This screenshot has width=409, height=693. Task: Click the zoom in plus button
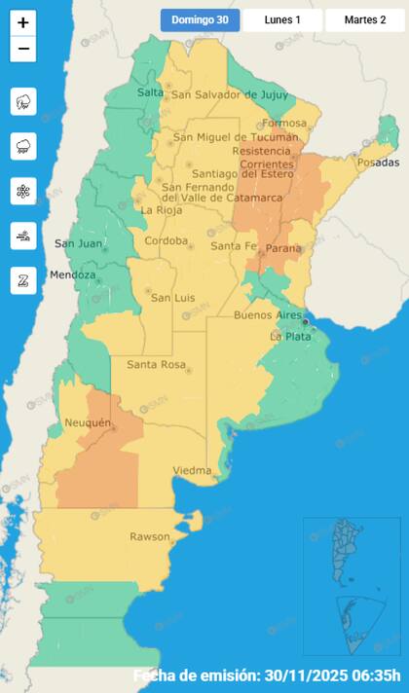click(x=23, y=21)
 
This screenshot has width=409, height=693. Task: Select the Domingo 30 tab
click(x=200, y=19)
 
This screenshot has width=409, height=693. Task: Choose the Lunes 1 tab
click(x=282, y=19)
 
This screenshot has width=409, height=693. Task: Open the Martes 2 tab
click(x=365, y=19)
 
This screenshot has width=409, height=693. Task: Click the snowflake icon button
click(x=23, y=191)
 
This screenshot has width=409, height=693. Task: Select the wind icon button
click(x=23, y=236)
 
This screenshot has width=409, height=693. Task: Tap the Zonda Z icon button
click(x=23, y=280)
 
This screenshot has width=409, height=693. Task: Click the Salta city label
click(x=150, y=92)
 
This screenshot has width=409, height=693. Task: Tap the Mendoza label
click(x=73, y=274)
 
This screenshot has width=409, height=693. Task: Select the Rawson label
click(x=149, y=536)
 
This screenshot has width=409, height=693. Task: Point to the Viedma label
click(x=192, y=471)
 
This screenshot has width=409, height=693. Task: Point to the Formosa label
click(x=284, y=124)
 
